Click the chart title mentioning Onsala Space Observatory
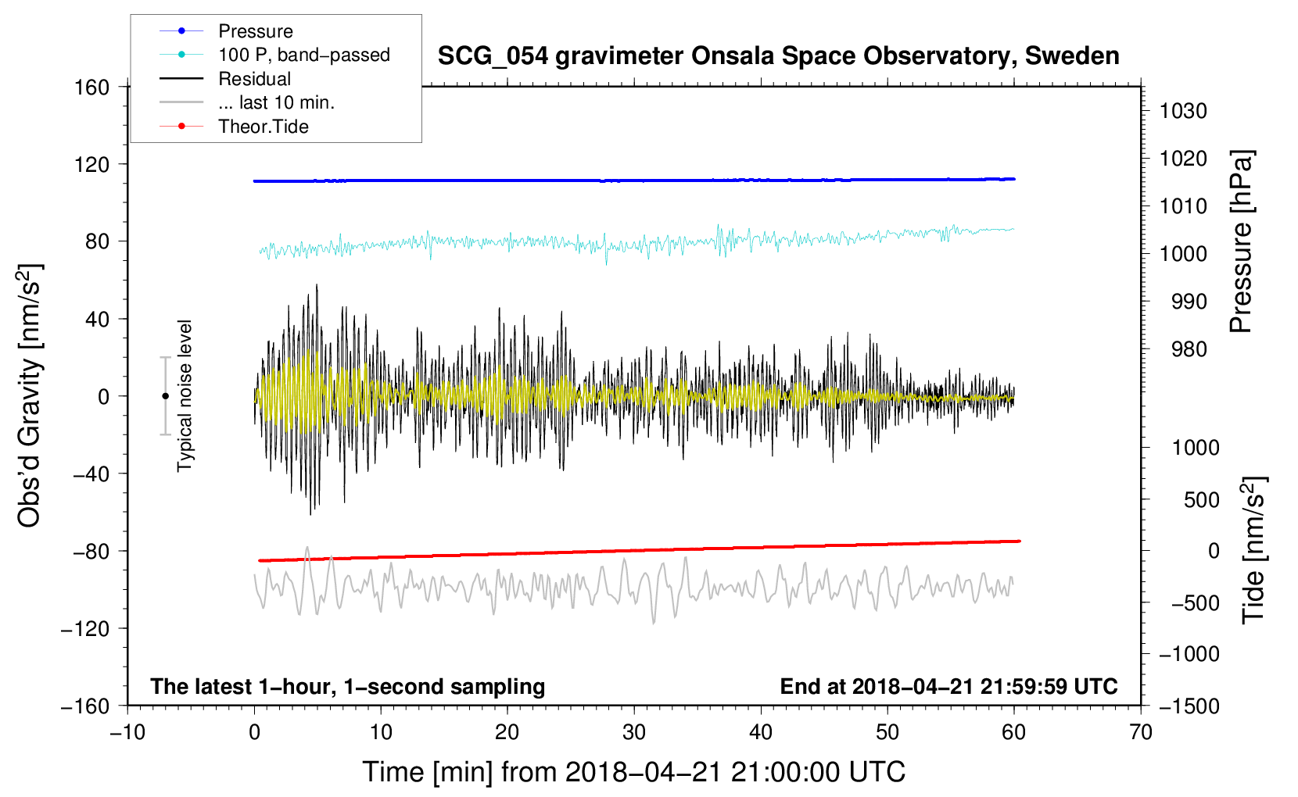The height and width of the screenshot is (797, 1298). [x=778, y=56]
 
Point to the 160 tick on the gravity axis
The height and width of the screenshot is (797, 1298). [x=92, y=88]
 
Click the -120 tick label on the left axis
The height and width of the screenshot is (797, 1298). [x=85, y=628]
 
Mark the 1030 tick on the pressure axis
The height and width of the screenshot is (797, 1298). [x=1183, y=111]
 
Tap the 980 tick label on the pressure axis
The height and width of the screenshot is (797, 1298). [x=1189, y=349]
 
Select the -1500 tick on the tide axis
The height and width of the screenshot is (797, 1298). [x=1189, y=706]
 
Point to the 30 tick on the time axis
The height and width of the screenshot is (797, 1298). [x=634, y=733]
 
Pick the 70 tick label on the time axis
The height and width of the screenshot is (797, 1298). [x=1140, y=733]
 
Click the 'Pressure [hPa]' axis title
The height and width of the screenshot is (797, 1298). [x=1242, y=242]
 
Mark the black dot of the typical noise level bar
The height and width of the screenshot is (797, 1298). [x=165, y=396]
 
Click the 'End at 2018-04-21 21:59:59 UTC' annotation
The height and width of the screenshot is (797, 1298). [x=948, y=686]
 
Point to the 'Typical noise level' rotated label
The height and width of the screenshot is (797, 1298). [x=185, y=396]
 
